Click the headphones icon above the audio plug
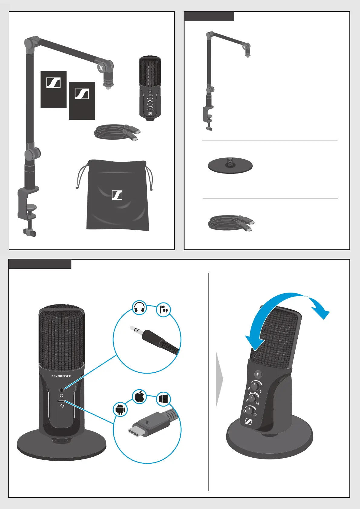[x=139, y=308]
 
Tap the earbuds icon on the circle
[x=163, y=310]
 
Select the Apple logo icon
[x=139, y=397]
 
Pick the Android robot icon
[x=120, y=410]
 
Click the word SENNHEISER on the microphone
[x=61, y=376]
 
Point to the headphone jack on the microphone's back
[x=62, y=390]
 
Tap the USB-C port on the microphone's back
[x=62, y=401]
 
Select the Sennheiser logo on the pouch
[x=117, y=195]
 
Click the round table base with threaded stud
[x=230, y=166]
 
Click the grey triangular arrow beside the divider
[x=219, y=379]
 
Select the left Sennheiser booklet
[x=54, y=89]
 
